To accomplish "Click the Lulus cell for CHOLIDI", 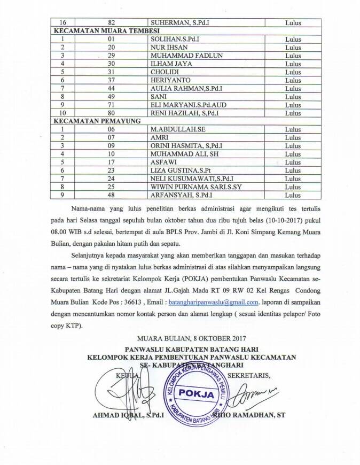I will (293, 72).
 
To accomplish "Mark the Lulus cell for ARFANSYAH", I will (293, 195).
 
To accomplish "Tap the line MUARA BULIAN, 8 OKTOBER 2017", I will (191, 338).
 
